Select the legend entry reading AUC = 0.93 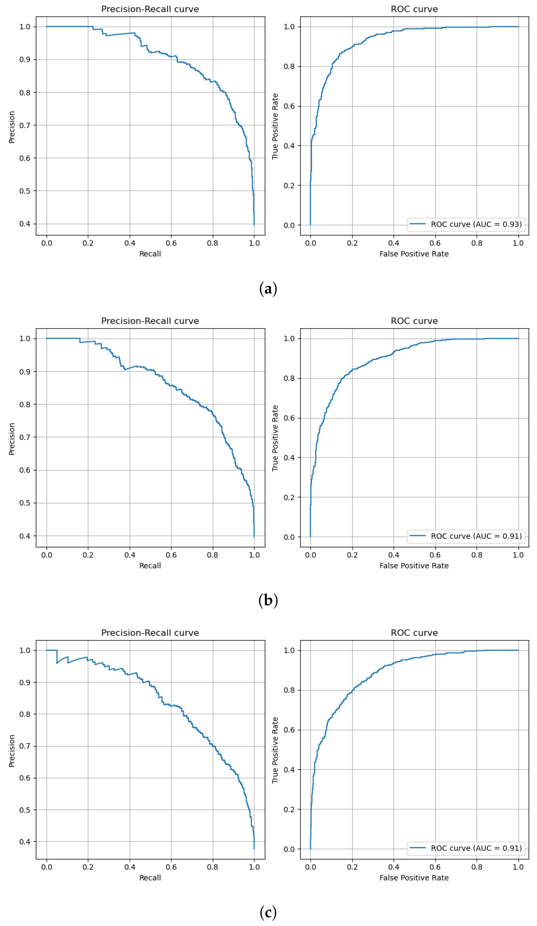point(466,224)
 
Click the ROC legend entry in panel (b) point(466,536)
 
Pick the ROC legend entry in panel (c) point(466,848)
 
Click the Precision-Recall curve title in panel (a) point(150,9)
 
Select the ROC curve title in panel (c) point(414,633)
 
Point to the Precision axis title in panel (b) point(12,439)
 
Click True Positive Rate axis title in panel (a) point(275,126)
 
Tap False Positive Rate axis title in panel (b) point(414,565)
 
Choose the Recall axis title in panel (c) point(150,877)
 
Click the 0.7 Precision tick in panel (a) point(25,125)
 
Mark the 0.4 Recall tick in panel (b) point(130,555)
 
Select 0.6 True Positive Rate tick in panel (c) point(289,730)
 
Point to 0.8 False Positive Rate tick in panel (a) point(477,243)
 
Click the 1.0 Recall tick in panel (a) point(254,243)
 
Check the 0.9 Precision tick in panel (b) point(25,371)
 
